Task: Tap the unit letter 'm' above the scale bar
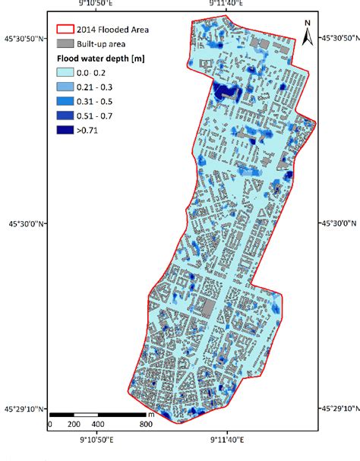coord(150,414)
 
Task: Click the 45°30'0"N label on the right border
coord(338,224)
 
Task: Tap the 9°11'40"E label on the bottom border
coord(226,440)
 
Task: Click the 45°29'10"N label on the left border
coord(24,409)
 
